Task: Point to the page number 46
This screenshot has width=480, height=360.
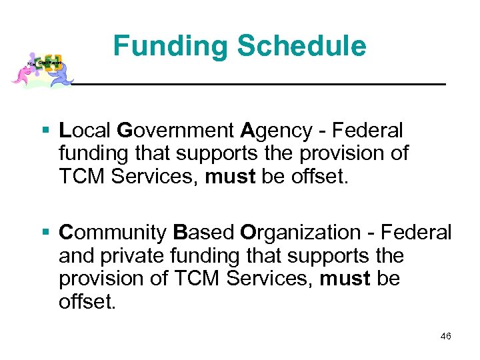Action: click(x=445, y=336)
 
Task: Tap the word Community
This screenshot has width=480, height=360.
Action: click(x=113, y=233)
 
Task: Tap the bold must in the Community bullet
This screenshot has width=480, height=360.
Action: click(x=345, y=278)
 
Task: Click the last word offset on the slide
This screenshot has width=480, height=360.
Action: click(x=87, y=301)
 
